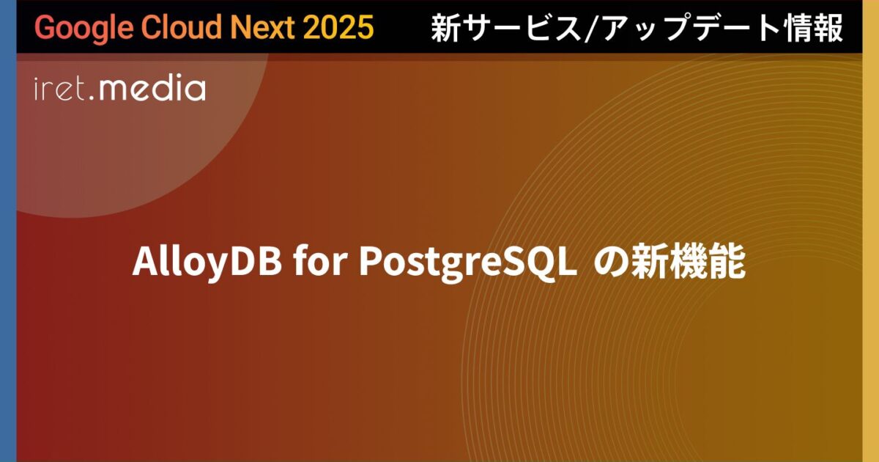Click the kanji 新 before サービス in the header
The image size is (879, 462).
click(x=445, y=28)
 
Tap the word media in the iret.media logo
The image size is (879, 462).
click(x=152, y=89)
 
